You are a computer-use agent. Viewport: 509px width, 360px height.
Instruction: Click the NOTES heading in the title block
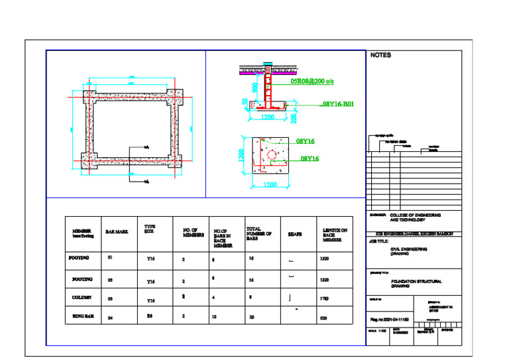coord(381,56)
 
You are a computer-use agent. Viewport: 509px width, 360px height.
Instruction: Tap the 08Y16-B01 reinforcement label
coord(338,104)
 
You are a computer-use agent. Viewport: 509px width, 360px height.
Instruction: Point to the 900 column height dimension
coord(254,89)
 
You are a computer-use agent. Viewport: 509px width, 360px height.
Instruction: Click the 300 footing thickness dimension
coord(294,117)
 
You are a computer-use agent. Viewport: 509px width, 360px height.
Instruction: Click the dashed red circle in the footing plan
coord(272,154)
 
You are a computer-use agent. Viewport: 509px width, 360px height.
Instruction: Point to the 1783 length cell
coord(325,300)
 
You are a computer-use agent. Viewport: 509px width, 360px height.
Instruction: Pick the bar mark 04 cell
coord(111,319)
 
